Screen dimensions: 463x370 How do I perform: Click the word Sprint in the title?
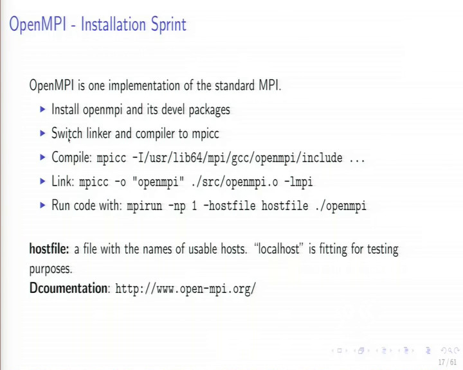[x=168, y=24]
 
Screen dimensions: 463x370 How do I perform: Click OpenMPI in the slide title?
[x=37, y=24]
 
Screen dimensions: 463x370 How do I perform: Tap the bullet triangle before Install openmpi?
[x=42, y=109]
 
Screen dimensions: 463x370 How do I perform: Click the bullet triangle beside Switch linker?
[x=42, y=134]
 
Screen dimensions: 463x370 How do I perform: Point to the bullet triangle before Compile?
[x=42, y=157]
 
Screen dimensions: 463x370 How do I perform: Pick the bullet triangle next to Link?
[x=42, y=181]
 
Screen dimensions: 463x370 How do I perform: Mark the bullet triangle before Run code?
[x=42, y=205]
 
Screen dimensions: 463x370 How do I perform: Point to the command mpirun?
[x=145, y=206]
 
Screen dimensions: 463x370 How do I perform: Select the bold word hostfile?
[x=49, y=249]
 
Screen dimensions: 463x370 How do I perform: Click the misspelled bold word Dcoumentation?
[x=68, y=288]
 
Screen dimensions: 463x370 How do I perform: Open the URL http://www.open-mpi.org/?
[x=185, y=288]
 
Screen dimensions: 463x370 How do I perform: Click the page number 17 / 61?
[x=448, y=362]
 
